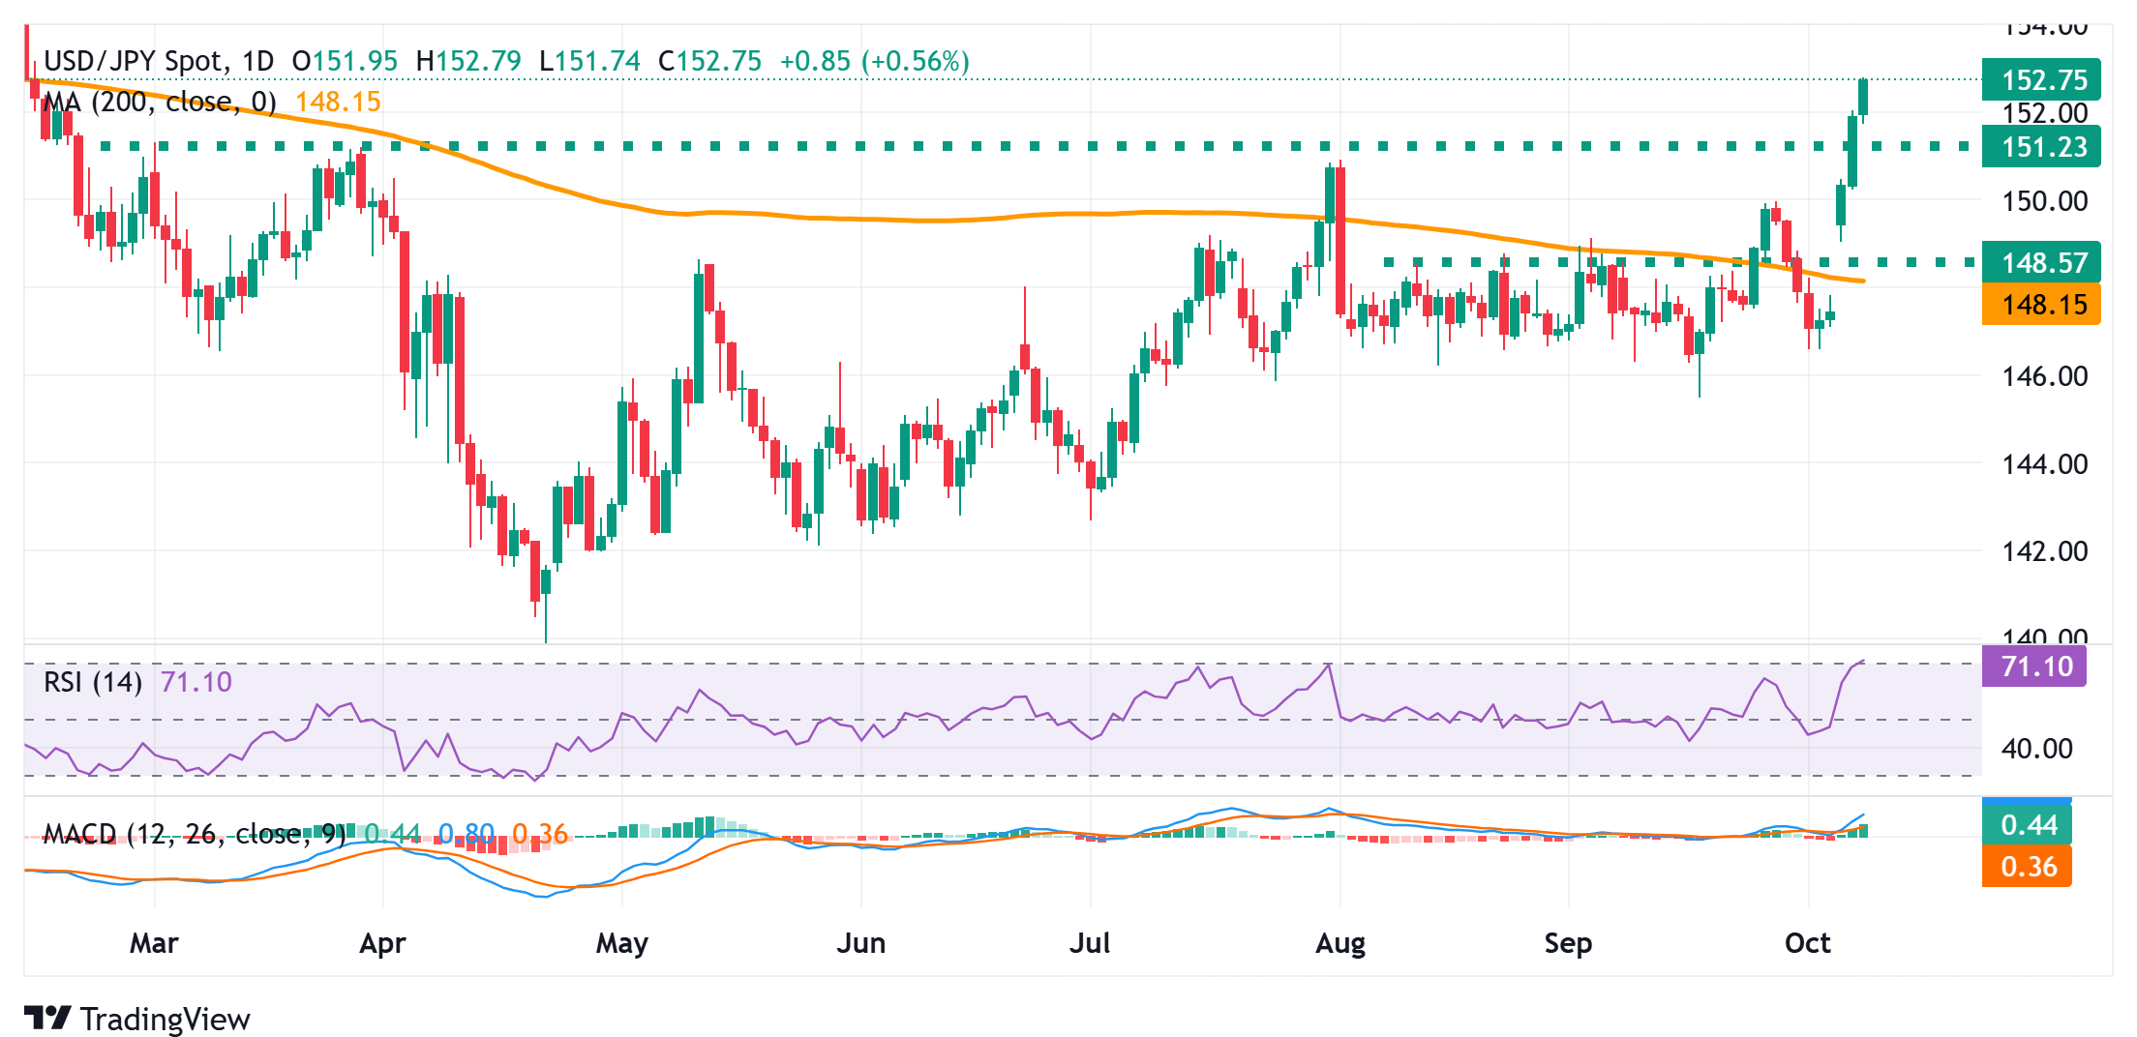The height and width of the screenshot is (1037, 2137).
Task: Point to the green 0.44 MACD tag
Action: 2027,825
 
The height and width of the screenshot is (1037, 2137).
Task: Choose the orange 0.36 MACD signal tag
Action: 2027,866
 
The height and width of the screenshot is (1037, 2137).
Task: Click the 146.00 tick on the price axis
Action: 2044,376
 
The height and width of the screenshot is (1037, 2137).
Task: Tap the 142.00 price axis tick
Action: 2044,551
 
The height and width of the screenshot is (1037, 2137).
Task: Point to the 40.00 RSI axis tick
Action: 2036,749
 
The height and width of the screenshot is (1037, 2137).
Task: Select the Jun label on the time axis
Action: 860,943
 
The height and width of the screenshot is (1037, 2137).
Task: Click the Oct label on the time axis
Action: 1807,943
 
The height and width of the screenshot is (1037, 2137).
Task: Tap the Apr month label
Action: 382,943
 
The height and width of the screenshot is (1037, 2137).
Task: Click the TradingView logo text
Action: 165,1019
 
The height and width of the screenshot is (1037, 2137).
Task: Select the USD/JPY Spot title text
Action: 134,61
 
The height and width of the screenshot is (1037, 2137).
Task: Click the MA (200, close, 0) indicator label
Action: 160,102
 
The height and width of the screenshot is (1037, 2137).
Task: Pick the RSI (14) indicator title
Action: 93,682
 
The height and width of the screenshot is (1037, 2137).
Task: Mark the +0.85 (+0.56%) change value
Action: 874,61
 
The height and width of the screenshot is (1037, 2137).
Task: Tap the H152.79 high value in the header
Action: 468,61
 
